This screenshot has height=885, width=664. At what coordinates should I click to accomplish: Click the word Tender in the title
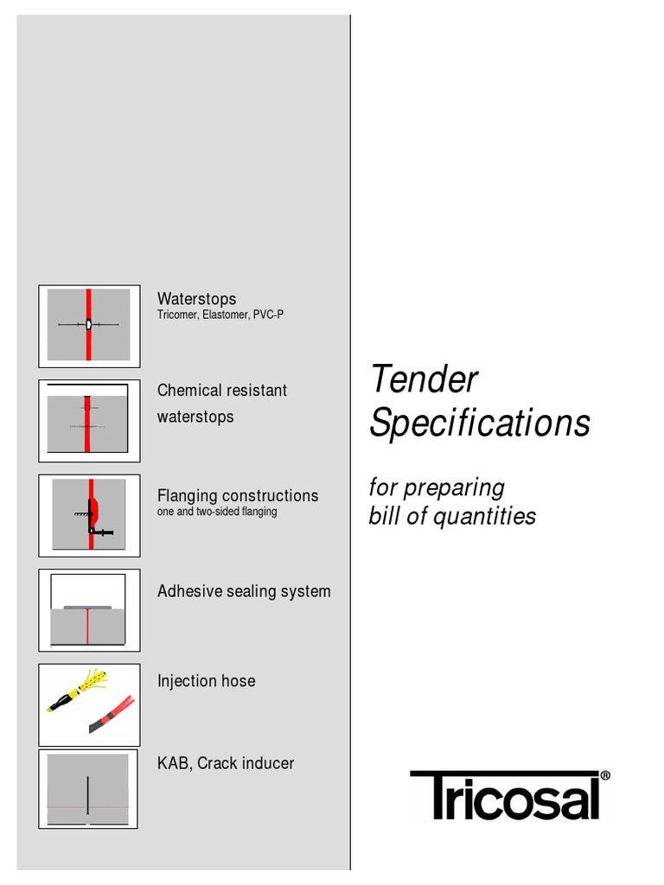[425, 379]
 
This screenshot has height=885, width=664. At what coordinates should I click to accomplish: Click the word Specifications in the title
[480, 423]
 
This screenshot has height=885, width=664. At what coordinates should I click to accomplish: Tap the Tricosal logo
[510, 795]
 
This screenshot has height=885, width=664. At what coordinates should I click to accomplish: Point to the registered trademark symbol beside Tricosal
[605, 775]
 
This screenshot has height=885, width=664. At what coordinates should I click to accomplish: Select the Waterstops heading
[196, 298]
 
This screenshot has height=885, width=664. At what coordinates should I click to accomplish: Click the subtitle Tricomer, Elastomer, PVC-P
[220, 315]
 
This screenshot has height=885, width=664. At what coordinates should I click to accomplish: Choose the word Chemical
[188, 390]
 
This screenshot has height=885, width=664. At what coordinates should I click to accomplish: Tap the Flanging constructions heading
[238, 495]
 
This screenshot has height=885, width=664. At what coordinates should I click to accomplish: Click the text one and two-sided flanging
[217, 512]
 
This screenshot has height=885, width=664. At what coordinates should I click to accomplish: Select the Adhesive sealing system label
[244, 591]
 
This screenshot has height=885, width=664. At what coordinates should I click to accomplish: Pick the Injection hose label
[206, 681]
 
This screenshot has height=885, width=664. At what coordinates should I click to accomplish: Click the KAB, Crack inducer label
[226, 763]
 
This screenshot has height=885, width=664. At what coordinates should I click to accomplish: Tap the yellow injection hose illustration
[77, 690]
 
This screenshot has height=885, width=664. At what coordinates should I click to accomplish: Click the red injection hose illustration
[112, 715]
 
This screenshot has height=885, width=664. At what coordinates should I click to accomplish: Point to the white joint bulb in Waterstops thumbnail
[89, 325]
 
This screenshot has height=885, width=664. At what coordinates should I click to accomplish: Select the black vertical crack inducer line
[87, 795]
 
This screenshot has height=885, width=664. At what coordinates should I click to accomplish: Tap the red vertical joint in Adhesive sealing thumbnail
[87, 627]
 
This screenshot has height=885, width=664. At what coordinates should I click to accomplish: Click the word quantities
[484, 517]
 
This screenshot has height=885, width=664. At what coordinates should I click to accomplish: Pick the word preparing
[454, 488]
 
